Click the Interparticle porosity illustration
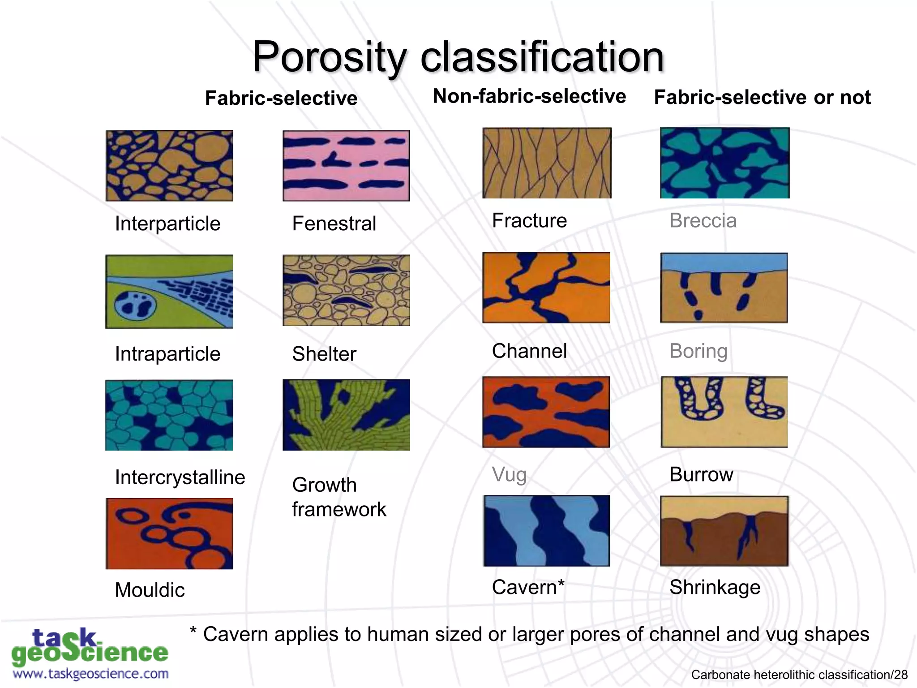coord(169,166)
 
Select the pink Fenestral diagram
coord(346,166)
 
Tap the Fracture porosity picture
coord(547,163)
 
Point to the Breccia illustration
coord(724,163)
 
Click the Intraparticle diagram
coord(169,292)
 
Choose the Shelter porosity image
coord(346,290)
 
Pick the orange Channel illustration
coord(546,288)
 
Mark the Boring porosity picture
coord(724,288)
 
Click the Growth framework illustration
coord(346,415)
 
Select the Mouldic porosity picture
coord(169,533)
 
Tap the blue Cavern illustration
coord(547,531)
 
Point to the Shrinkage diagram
coord(724,531)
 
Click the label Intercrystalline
coord(180,477)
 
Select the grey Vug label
coord(509,474)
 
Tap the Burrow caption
coord(701,474)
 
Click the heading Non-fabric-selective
coord(529,96)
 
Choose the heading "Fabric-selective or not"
coord(762,97)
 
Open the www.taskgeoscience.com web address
coord(91,674)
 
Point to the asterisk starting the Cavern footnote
coord(193,631)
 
